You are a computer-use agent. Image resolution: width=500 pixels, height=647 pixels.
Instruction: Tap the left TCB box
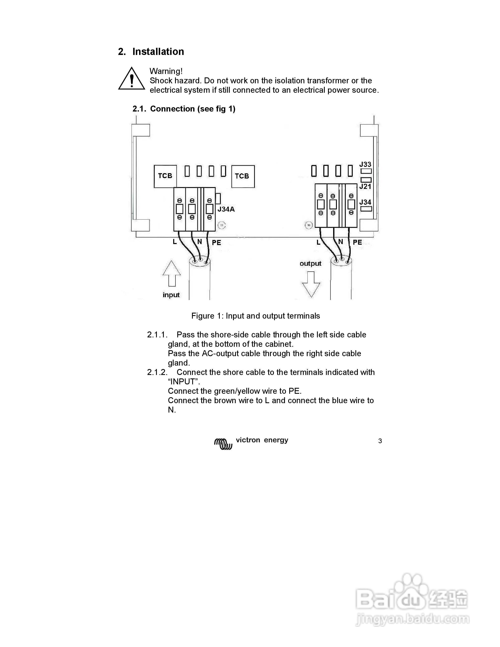pyautogui.click(x=165, y=176)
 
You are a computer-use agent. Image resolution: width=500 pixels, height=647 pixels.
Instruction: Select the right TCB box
pyautogui.click(x=243, y=176)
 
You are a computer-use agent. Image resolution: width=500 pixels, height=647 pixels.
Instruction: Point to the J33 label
pyautogui.click(x=365, y=164)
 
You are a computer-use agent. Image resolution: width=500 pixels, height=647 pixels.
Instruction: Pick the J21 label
pyautogui.click(x=365, y=187)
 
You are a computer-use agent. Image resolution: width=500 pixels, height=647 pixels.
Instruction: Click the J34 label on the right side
pyautogui.click(x=365, y=202)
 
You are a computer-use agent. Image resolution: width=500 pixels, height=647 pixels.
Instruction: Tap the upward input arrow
pyautogui.click(x=172, y=273)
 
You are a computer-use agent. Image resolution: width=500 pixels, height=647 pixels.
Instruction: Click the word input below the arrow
pyautogui.click(x=171, y=295)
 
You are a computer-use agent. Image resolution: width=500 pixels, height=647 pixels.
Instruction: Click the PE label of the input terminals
pyautogui.click(x=216, y=243)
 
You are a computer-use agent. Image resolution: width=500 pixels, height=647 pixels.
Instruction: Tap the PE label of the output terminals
pyautogui.click(x=357, y=242)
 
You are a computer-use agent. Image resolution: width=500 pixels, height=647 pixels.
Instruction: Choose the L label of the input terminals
pyautogui.click(x=175, y=242)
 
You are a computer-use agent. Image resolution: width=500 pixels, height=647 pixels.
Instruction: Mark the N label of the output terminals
pyautogui.click(x=341, y=242)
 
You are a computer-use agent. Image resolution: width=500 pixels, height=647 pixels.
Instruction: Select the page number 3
pyautogui.click(x=380, y=441)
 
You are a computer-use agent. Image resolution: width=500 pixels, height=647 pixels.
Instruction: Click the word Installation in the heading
pyautogui.click(x=158, y=51)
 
